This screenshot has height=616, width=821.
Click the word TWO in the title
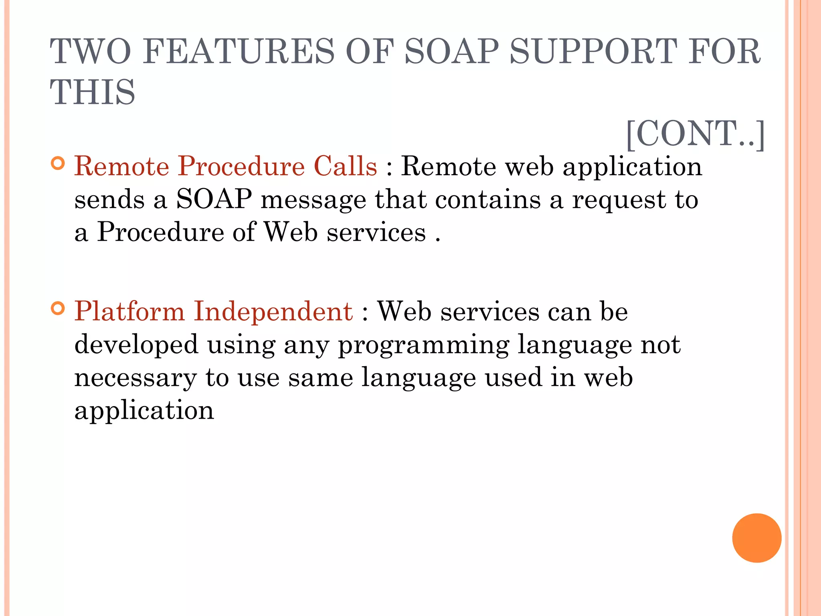coord(91,51)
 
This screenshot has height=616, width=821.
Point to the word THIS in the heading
coord(93,92)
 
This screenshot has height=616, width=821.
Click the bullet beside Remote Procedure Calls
coord(58,164)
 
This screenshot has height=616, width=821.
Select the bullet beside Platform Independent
coord(58,309)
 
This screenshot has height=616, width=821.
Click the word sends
coord(109,200)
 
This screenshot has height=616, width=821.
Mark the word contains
coord(488,199)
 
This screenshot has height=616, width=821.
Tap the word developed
coord(136,345)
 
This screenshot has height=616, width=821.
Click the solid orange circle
coord(756,538)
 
